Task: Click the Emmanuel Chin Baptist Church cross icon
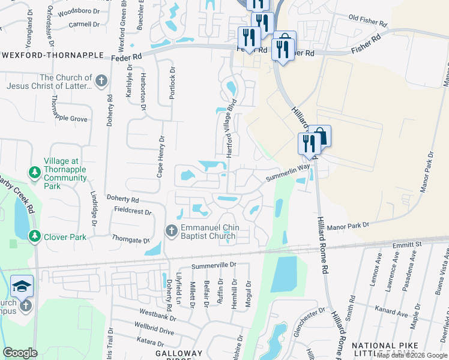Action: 171,230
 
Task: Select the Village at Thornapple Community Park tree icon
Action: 35,173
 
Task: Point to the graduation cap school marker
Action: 22,286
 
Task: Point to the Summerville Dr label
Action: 214,265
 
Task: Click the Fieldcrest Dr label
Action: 132,211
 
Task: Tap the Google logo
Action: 21,352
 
